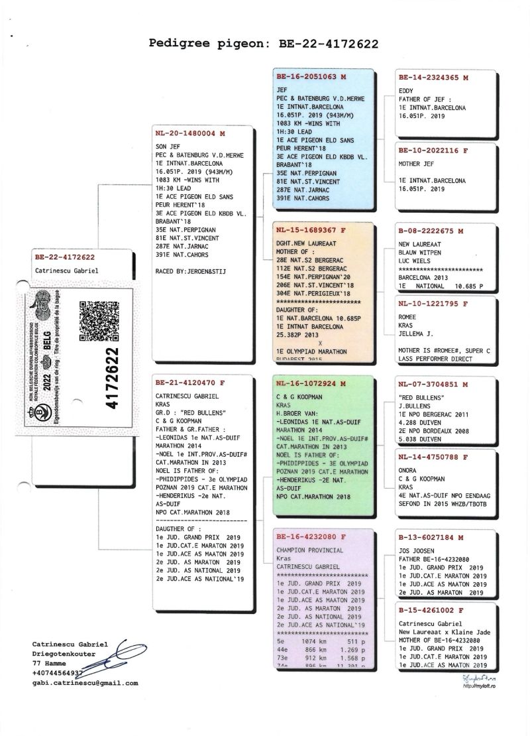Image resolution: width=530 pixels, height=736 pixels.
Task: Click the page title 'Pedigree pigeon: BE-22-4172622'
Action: pyautogui.click(x=264, y=44)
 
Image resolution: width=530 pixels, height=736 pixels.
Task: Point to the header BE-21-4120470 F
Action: pyautogui.click(x=185, y=383)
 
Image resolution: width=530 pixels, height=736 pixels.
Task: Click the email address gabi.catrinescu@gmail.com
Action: pyautogui.click(x=85, y=682)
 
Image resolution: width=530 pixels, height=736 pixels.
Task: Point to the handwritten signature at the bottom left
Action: pyautogui.click(x=126, y=658)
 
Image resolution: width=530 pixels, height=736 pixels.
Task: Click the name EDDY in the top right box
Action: pyautogui.click(x=406, y=90)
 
